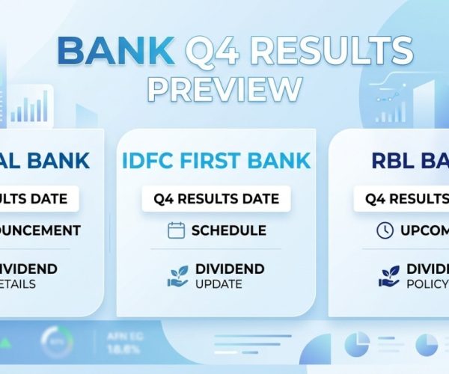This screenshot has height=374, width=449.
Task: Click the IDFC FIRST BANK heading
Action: click(x=216, y=160)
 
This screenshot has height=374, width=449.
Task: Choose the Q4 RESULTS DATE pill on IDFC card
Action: click(x=216, y=199)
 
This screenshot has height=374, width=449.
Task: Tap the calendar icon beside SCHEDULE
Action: click(x=177, y=230)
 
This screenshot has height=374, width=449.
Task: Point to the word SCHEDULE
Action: click(x=229, y=230)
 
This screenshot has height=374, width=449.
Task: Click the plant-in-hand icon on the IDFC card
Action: click(x=177, y=275)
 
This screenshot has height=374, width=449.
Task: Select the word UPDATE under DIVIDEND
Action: click(x=219, y=284)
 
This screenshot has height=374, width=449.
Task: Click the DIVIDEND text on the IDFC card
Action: click(x=230, y=269)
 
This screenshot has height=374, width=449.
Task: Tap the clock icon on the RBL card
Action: click(x=385, y=230)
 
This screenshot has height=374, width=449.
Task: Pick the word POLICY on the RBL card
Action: click(x=427, y=284)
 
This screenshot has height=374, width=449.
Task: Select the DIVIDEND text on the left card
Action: click(x=30, y=269)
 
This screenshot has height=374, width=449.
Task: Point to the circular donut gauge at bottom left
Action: click(x=56, y=341)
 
